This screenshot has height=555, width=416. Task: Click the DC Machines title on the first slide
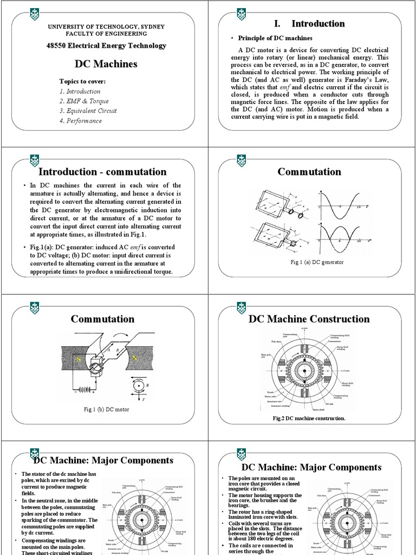pos(106,64)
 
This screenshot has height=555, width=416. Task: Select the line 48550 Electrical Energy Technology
pos(106,46)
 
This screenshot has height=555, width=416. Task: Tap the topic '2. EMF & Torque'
pos(84,101)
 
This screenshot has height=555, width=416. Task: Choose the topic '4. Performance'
pos(81,120)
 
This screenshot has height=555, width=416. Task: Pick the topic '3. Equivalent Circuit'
pos(88,111)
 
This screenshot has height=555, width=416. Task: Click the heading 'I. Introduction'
pos(309,23)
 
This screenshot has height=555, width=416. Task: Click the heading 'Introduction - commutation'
pos(102,172)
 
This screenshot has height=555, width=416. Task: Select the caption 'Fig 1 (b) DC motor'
pos(106,409)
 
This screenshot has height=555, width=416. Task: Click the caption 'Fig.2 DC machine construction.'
pos(308,418)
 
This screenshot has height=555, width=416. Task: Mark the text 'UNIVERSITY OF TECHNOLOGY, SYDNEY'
pos(106,27)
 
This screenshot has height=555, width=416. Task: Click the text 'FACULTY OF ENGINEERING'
pos(106,33)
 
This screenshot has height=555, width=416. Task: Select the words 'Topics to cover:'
pos(82,81)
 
